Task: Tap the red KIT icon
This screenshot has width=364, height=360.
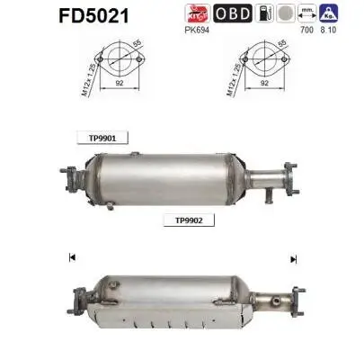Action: (x=221, y=14)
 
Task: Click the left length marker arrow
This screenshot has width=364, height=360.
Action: (x=70, y=258)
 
